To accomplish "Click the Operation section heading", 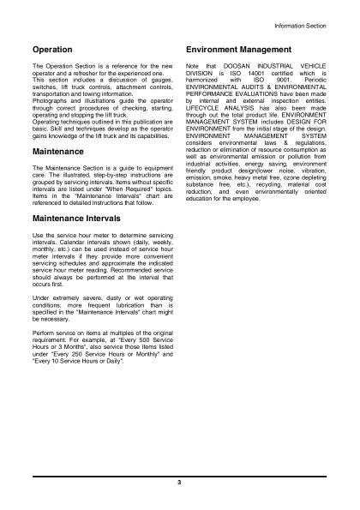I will click(51, 51).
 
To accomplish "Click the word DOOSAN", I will click(233, 67).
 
